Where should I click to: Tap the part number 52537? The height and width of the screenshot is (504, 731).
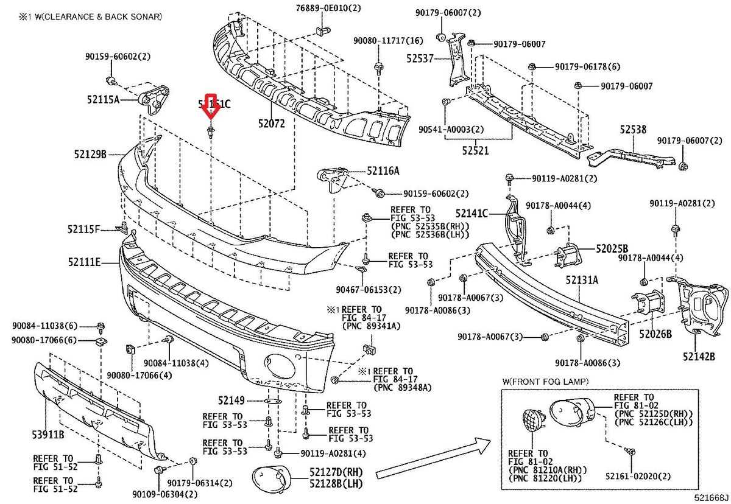(420, 59)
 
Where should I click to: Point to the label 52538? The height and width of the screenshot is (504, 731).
(634, 130)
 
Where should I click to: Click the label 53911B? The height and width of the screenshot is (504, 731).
(48, 436)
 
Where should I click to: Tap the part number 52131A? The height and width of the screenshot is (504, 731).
(582, 280)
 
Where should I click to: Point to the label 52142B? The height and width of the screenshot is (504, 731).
(698, 357)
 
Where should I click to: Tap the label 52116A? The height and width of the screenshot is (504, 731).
(383, 171)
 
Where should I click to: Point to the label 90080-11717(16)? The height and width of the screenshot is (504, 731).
(380, 41)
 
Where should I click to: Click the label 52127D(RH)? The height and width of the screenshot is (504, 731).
(336, 472)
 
